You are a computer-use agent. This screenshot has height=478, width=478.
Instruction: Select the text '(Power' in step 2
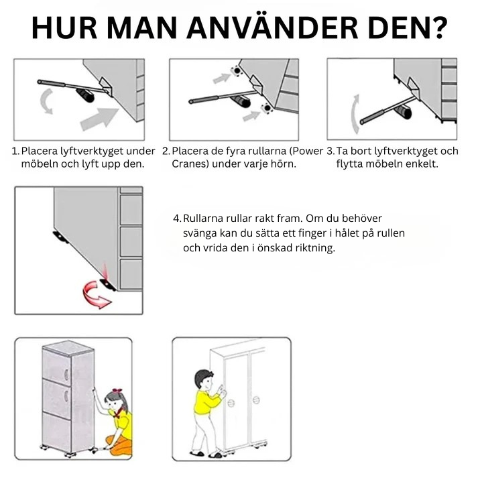point(306,151)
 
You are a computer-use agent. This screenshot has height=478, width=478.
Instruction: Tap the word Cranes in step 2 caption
point(189,164)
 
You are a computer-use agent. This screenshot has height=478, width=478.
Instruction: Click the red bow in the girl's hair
point(118,391)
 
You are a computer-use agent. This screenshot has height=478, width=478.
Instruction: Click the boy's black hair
point(204,375)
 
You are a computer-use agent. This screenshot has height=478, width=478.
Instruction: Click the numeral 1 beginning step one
point(15,151)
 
